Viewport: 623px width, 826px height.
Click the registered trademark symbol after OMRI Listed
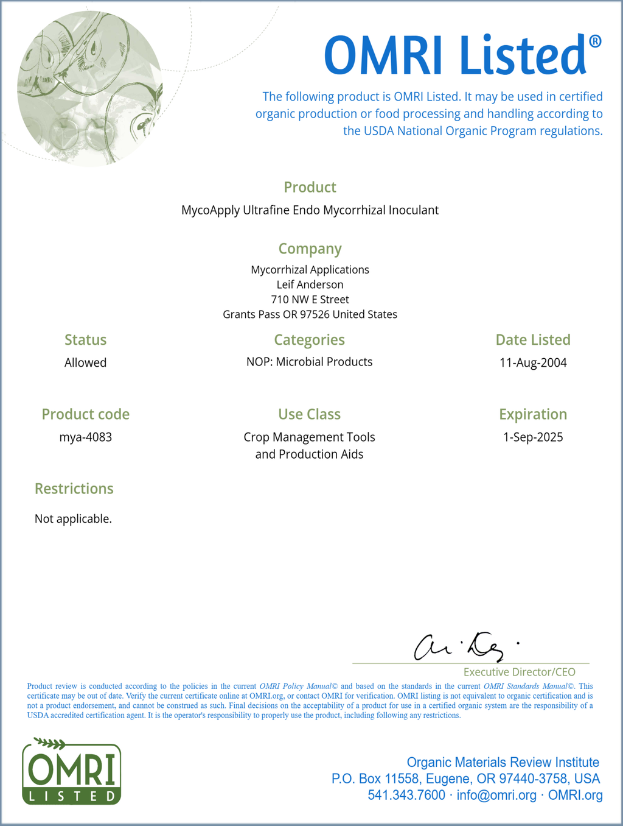[595, 41]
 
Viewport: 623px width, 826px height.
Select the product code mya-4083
[86, 437]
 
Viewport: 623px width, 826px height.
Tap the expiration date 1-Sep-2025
[533, 437]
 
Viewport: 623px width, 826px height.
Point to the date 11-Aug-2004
[533, 363]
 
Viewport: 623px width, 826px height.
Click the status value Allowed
[86, 363]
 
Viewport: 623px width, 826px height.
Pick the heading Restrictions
[74, 489]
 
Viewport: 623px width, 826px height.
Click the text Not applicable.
[73, 519]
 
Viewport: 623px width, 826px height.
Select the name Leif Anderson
[310, 284]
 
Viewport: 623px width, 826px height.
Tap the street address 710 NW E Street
[310, 300]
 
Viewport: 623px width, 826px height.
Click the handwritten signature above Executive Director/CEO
[462, 647]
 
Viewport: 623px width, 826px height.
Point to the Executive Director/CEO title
[519, 672]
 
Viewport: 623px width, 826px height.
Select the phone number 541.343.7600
[406, 796]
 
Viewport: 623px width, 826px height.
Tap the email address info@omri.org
[496, 796]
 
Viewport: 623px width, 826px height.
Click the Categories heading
[309, 340]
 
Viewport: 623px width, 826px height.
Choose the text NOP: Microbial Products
[309, 362]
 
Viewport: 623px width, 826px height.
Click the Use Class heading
[309, 414]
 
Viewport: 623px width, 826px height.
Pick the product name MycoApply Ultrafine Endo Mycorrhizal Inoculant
[310, 210]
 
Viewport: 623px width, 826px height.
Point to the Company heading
[310, 249]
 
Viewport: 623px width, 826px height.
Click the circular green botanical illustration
[90, 88]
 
